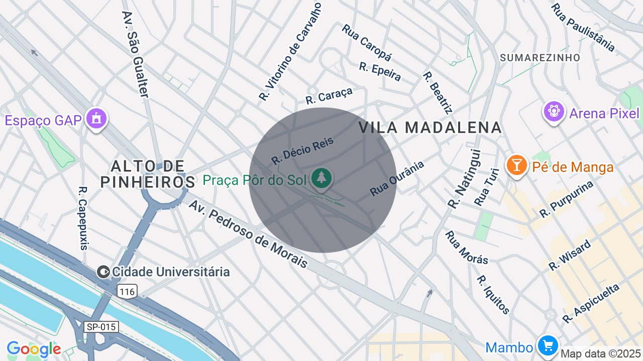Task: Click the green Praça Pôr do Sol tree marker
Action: tap(321, 177)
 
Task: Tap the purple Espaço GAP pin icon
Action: tap(95, 119)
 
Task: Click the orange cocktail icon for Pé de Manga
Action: tap(516, 165)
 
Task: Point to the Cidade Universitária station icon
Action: tap(103, 272)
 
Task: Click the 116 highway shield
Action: tap(128, 291)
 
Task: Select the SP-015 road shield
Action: tap(101, 327)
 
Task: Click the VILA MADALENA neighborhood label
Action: tap(431, 127)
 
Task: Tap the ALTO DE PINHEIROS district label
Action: tap(148, 173)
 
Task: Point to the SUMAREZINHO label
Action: tap(540, 58)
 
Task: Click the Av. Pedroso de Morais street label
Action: tap(248, 234)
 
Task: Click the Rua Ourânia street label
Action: tap(397, 178)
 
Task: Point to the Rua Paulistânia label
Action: tap(583, 28)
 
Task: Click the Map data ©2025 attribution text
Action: tap(601, 354)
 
